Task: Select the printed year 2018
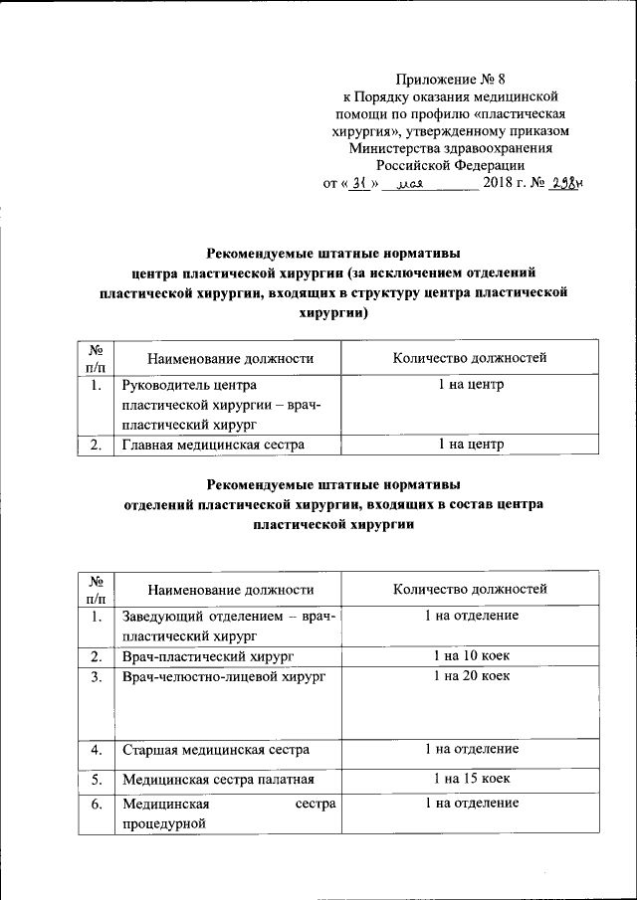[498, 184]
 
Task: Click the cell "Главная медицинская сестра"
[213, 445]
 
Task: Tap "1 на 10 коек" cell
[471, 656]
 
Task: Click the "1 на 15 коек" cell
[471, 779]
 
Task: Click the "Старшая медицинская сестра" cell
[215, 750]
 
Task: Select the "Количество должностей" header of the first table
[470, 358]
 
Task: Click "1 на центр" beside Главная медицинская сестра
[471, 445]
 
